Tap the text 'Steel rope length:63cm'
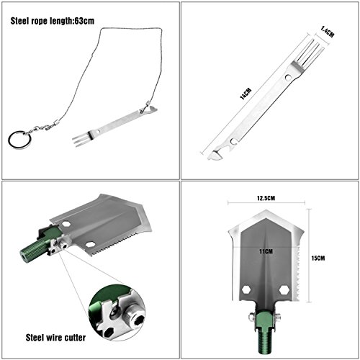[53, 21]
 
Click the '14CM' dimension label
[246, 94]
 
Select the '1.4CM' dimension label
[327, 32]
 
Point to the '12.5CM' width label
[266, 198]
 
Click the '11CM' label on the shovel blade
[266, 251]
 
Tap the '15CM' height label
[318, 258]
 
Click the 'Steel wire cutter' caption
[55, 338]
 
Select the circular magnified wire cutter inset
[117, 312]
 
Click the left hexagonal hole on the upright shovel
[246, 289]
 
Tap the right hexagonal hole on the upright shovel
[284, 289]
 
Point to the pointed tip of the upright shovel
[266, 210]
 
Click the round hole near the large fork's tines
[288, 77]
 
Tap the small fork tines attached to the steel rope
[81, 140]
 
